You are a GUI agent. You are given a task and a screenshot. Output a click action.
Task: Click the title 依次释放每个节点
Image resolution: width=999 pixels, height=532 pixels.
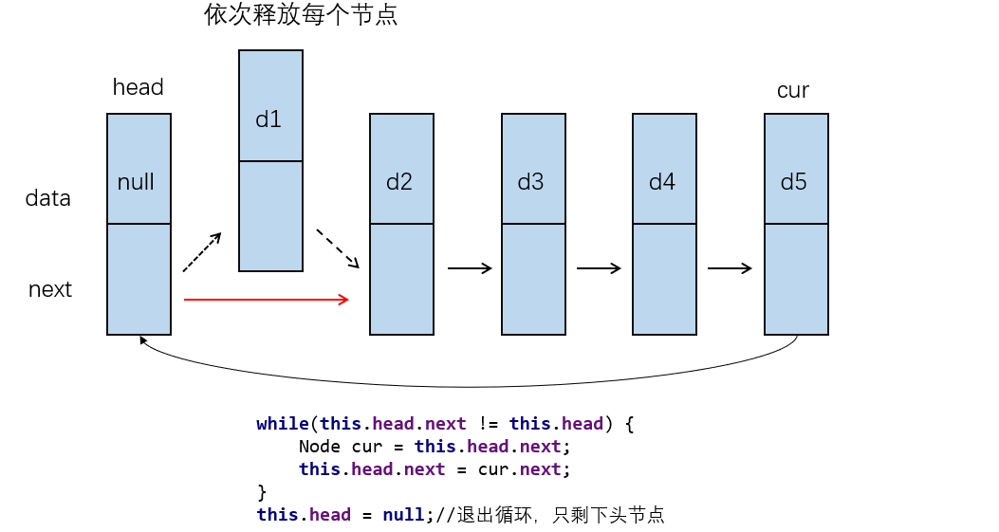(301, 16)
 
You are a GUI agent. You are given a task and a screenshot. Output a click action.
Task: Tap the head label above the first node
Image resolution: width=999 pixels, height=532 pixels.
(138, 87)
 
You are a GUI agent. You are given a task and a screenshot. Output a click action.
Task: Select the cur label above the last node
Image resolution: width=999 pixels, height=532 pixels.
(792, 91)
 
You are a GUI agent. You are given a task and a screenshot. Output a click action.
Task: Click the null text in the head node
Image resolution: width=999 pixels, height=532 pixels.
(136, 182)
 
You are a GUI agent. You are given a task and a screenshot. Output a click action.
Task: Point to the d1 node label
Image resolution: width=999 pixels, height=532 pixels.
(268, 119)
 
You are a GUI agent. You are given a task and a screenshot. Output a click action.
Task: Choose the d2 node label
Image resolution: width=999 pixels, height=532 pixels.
(399, 182)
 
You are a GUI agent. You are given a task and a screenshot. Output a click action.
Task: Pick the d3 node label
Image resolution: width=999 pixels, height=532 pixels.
(530, 182)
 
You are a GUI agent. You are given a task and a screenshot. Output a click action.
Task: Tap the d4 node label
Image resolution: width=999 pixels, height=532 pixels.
(662, 182)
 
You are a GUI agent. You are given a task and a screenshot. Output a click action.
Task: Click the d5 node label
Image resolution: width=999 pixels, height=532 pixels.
(793, 182)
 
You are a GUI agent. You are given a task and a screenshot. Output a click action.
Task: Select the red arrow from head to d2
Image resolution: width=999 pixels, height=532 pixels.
(267, 300)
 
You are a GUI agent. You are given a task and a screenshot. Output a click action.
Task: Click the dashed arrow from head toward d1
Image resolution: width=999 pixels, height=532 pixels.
(201, 252)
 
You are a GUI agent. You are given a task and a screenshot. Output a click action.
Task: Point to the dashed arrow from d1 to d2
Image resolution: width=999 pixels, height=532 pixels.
(338, 248)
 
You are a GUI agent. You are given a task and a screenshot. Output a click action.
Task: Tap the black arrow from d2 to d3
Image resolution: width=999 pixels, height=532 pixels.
(470, 268)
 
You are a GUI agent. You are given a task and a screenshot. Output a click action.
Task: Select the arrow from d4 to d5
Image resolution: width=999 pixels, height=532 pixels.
(730, 268)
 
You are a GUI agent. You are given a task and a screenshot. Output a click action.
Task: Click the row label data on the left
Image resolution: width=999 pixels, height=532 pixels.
(48, 198)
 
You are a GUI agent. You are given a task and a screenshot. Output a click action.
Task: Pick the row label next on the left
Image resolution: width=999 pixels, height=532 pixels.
(50, 289)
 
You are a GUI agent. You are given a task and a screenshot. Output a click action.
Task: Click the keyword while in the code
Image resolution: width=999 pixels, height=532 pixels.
(283, 424)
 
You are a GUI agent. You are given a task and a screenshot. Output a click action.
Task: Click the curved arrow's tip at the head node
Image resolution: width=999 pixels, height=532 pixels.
(142, 339)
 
